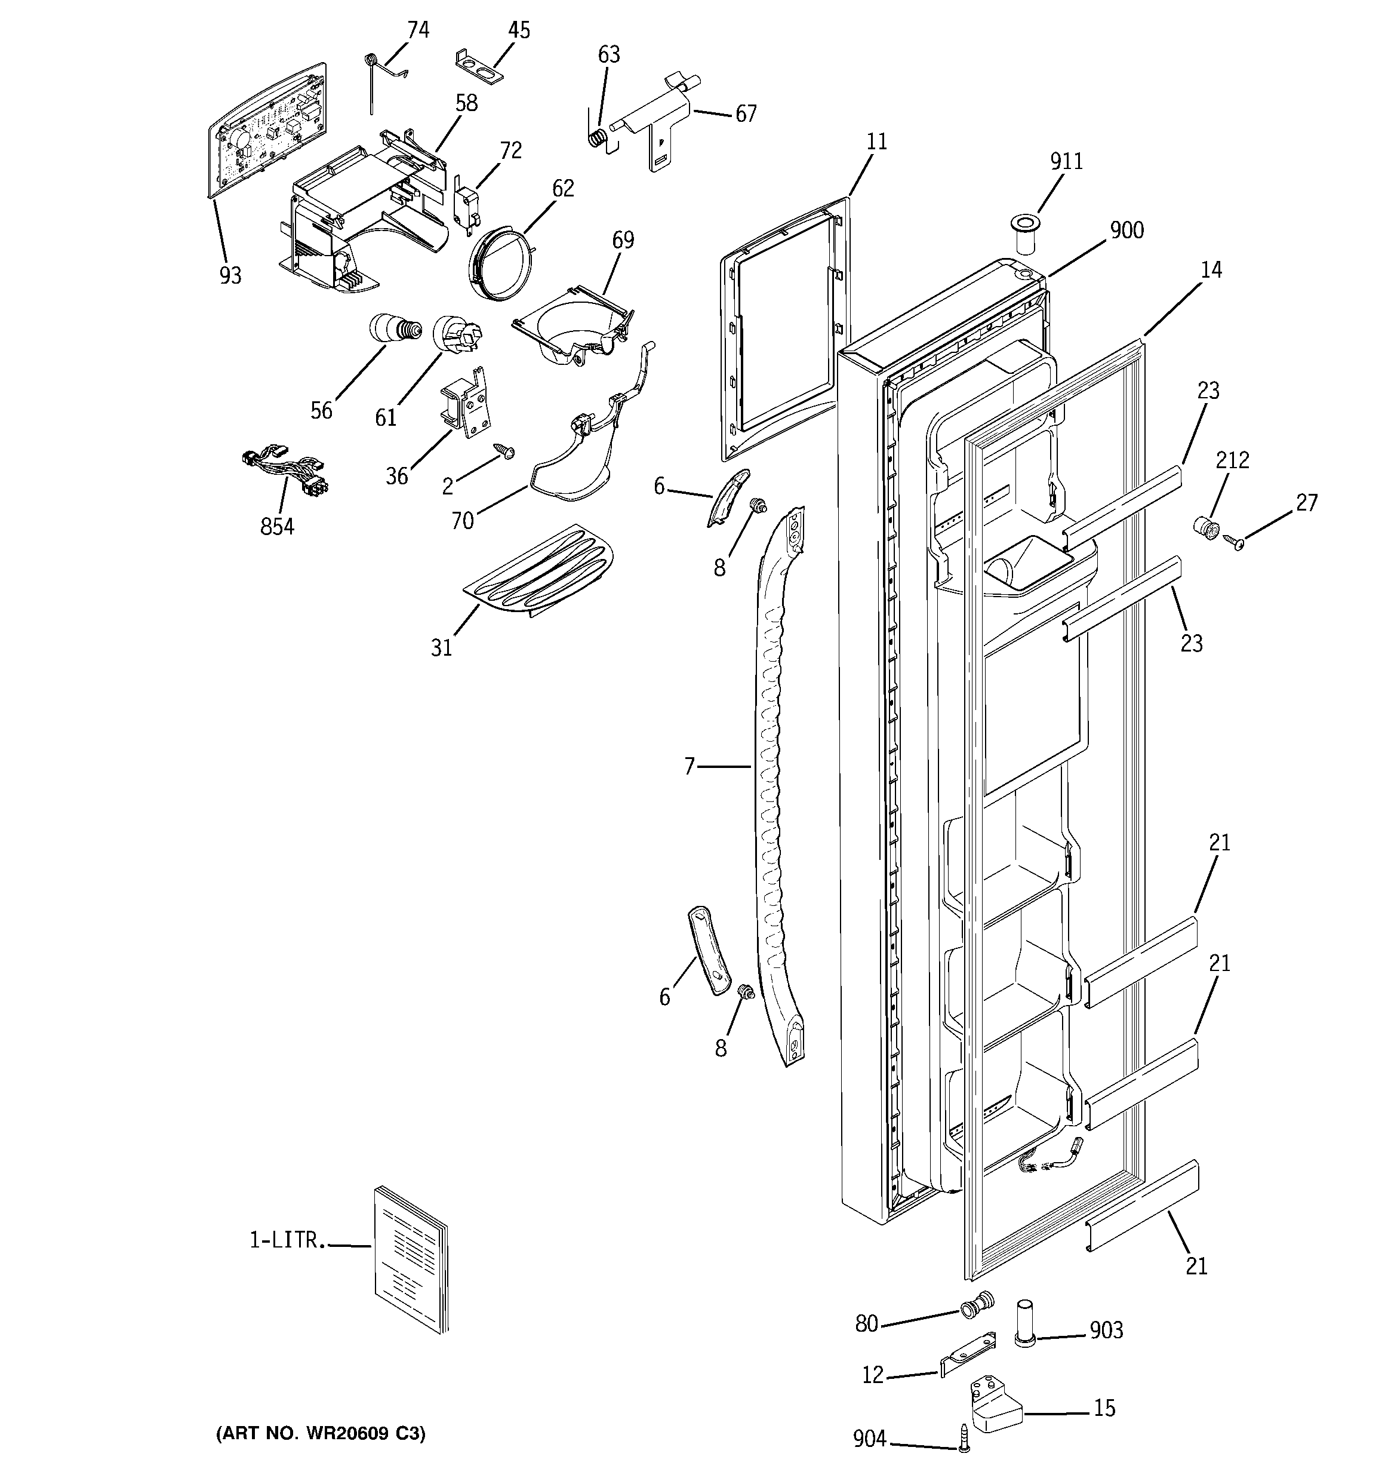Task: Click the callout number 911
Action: pos(1066,161)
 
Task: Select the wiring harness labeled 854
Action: pos(286,470)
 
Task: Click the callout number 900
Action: pos(1127,231)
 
